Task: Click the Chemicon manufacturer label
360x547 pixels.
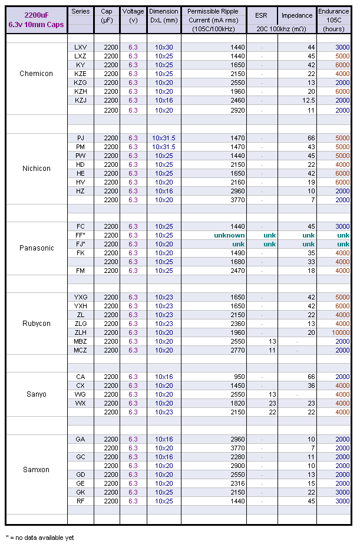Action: [x=36, y=74]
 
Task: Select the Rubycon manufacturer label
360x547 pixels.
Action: [x=36, y=324]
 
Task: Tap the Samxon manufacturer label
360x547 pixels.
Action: [x=36, y=470]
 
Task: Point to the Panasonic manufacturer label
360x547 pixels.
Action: [x=36, y=248]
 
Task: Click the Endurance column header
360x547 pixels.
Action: [x=333, y=19]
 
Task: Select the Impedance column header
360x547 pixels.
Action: [x=297, y=15]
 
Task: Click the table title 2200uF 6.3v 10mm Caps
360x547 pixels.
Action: [x=36, y=19]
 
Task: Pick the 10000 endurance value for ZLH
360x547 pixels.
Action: [x=339, y=332]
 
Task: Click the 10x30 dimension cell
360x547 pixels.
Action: [x=164, y=47]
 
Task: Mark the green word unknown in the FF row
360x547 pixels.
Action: [x=229, y=235]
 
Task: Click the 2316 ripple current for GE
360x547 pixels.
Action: [x=235, y=483]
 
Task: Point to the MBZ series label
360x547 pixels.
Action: [x=80, y=341]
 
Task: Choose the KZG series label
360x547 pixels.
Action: [x=80, y=83]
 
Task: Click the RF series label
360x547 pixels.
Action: [x=80, y=501]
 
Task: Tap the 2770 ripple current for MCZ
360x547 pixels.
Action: [x=235, y=350]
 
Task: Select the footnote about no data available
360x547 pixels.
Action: [x=40, y=538]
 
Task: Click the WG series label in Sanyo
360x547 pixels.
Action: [x=80, y=394]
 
